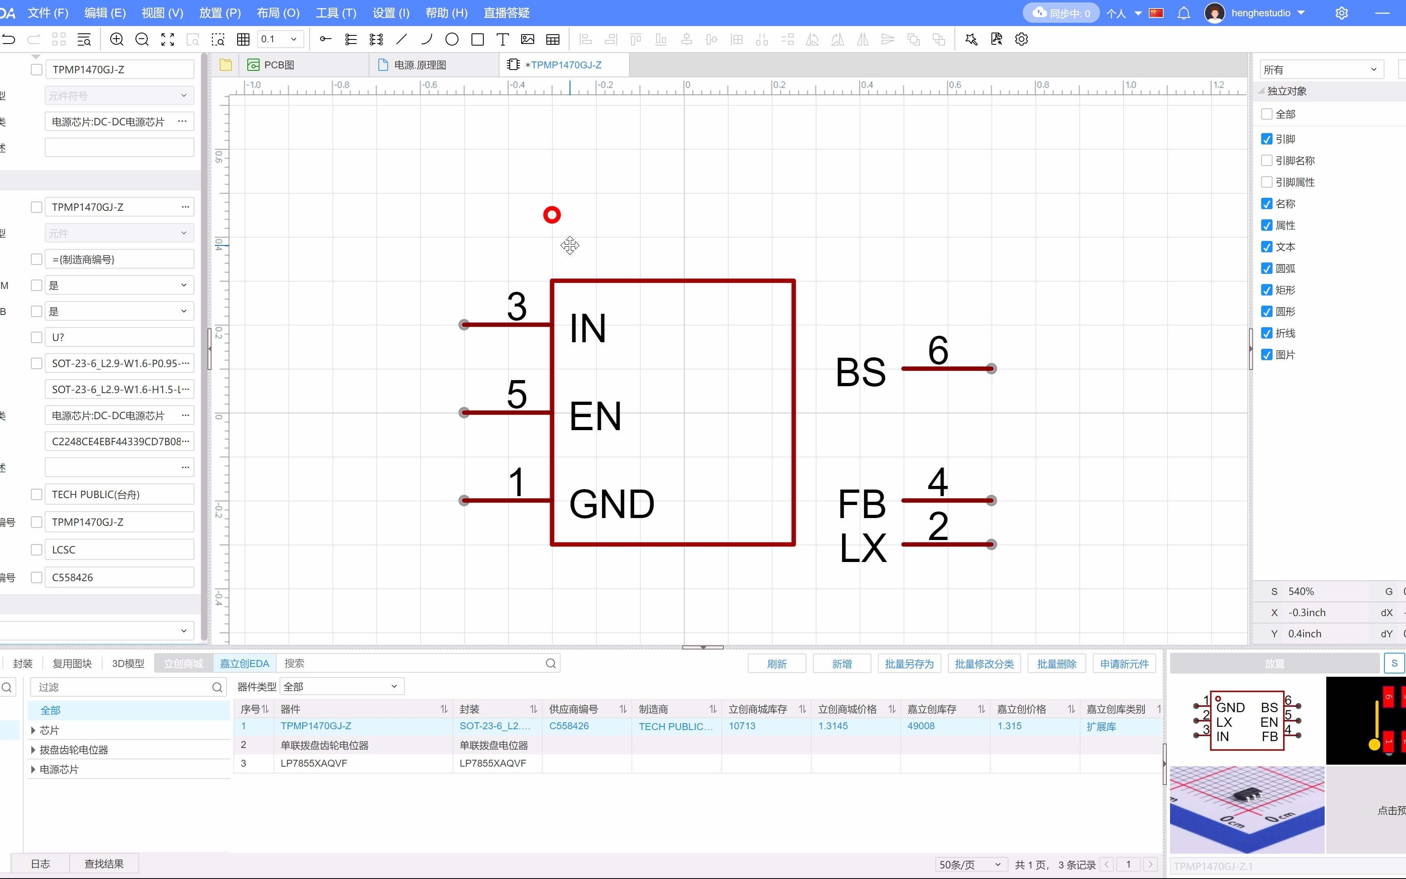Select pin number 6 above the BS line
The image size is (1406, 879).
tap(938, 350)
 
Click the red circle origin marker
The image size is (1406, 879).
tap(551, 215)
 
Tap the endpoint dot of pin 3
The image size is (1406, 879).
tap(464, 324)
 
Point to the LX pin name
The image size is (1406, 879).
tap(863, 548)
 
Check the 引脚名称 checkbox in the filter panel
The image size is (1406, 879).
tap(1266, 160)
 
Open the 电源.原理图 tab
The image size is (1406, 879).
tap(419, 65)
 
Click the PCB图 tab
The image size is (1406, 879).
tap(278, 65)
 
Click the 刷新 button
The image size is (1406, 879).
tap(776, 663)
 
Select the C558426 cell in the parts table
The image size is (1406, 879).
tap(569, 726)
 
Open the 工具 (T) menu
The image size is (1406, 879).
tap(336, 13)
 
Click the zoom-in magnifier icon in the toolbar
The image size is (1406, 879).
tap(117, 39)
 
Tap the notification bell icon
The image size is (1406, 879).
tap(1183, 13)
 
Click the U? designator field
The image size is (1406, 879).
tap(119, 337)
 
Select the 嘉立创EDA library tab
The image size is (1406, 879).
tap(244, 663)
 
